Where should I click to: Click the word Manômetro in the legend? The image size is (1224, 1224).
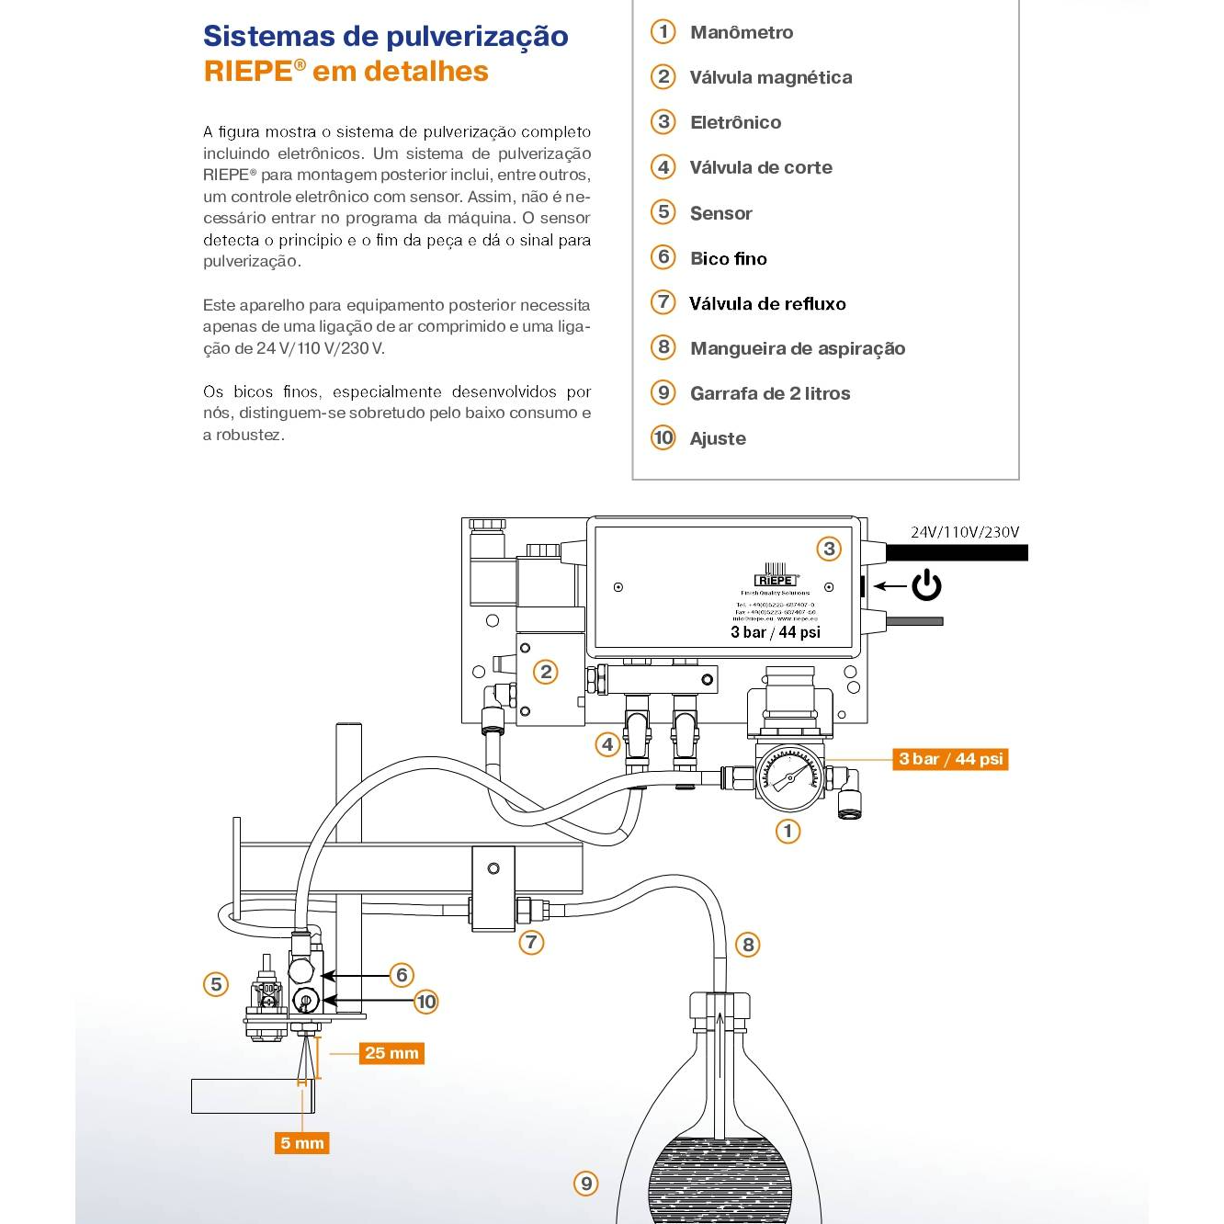coord(741,32)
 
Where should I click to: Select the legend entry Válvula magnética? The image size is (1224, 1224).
coord(770,77)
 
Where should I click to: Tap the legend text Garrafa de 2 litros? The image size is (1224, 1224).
coord(769,393)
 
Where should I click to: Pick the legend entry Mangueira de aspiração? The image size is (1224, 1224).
coord(797,348)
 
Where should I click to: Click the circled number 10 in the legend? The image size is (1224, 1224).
coord(663,437)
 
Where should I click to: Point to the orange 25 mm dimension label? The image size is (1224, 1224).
coord(391,1053)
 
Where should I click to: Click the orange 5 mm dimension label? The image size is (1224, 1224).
coord(302,1143)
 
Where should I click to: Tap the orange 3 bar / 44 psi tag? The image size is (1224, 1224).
coord(950,759)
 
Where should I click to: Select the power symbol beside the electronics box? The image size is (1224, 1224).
coord(926,585)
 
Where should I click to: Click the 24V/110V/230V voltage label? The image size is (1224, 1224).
coord(964,532)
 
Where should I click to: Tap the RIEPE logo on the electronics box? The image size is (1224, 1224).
coord(775,579)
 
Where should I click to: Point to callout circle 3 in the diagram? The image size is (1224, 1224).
coord(829,549)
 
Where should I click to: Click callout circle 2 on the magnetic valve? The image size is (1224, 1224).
coord(546,672)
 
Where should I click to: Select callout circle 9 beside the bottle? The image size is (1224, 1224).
coord(585,1183)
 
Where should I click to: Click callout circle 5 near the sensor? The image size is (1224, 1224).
coord(216,984)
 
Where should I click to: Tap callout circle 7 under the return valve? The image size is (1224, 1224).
coord(531,942)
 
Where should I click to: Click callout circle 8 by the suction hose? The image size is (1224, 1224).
coord(748,945)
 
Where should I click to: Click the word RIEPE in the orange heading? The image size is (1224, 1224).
coord(248,72)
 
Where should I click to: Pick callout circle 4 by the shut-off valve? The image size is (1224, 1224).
coord(607,744)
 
